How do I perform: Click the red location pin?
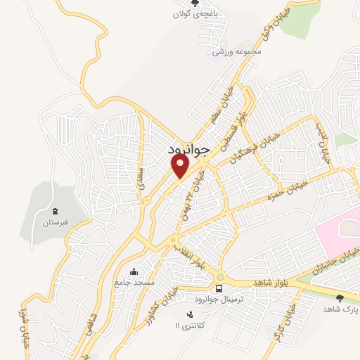[180, 166]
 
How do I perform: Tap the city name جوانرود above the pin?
[190, 150]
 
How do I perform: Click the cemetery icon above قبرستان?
[55, 211]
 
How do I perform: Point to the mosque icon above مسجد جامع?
[134, 271]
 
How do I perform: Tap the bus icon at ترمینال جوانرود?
[220, 289]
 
